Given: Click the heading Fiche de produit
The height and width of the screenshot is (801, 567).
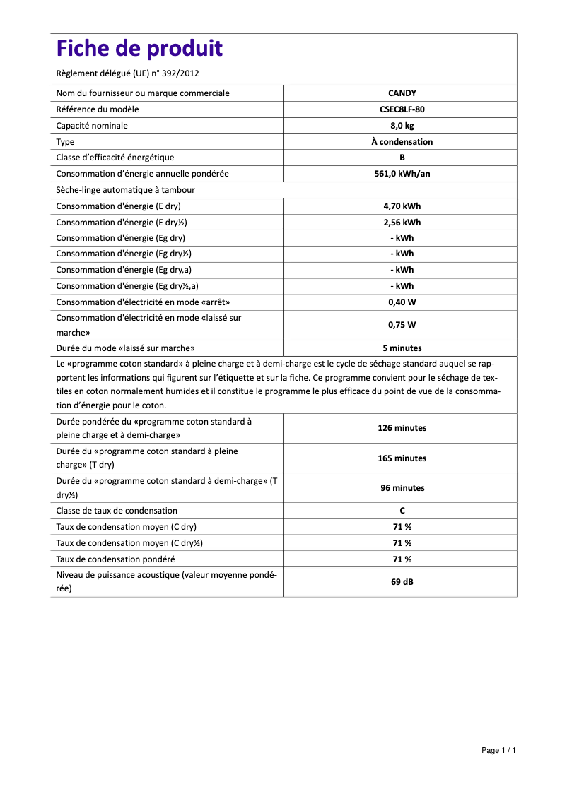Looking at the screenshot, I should (139, 49).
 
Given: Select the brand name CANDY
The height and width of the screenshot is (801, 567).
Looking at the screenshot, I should (402, 93).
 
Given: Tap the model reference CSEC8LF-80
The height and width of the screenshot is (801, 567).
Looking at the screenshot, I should (402, 109).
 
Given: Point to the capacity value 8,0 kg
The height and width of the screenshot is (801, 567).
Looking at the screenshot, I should (402, 126).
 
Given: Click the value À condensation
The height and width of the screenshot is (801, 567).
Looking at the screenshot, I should (402, 142).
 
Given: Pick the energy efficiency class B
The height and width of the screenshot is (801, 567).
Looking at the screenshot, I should (402, 158).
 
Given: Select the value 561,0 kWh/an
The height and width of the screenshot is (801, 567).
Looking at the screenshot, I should (402, 174).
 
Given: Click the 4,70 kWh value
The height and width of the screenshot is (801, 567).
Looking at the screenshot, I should (402, 206).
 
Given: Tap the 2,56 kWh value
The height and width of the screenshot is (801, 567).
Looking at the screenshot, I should (402, 222).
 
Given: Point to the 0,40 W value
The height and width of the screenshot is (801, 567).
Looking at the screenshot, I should (402, 302).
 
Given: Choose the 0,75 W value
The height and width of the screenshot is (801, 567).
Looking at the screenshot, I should (402, 325).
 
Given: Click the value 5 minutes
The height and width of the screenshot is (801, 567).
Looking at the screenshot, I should (402, 348).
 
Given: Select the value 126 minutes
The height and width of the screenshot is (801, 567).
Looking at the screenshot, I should (402, 428).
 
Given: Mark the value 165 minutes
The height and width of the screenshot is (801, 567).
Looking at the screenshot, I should (402, 458).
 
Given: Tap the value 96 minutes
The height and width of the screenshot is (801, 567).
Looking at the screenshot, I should (402, 488).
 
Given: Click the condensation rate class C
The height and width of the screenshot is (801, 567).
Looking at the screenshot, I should (402, 511).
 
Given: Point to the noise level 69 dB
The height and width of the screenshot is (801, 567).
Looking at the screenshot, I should (402, 582).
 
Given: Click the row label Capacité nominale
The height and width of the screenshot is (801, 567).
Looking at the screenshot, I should (92, 126).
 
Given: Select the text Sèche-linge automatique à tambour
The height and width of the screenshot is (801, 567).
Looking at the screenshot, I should (125, 190).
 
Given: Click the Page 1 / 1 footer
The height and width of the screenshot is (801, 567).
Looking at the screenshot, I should (498, 750).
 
